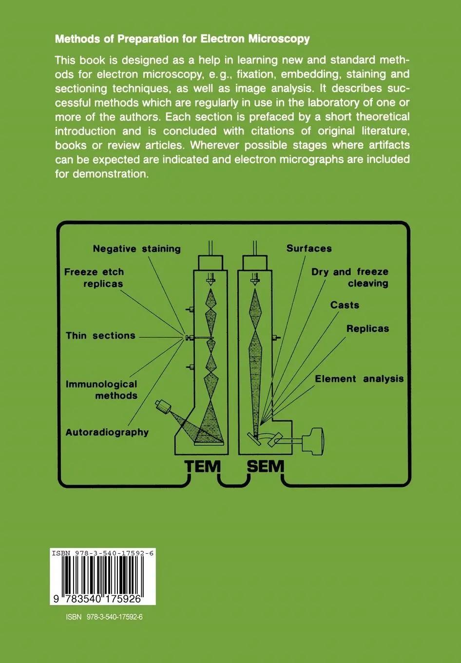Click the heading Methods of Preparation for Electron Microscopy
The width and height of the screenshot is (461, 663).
(x=182, y=39)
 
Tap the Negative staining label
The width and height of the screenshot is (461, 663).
(x=136, y=249)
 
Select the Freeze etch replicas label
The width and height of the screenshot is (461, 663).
(x=94, y=278)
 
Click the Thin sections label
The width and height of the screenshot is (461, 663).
(x=100, y=335)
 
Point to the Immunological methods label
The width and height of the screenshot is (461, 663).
(x=101, y=390)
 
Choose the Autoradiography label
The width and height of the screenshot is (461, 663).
(x=107, y=432)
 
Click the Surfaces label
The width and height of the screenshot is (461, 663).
(x=309, y=248)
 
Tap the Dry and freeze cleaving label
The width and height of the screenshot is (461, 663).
(x=350, y=277)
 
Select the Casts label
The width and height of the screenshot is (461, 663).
(x=345, y=305)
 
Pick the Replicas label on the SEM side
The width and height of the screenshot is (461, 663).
(x=367, y=329)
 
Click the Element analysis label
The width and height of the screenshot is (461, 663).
(x=359, y=379)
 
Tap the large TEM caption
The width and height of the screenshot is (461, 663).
(x=203, y=467)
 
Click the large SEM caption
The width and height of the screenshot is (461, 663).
(x=265, y=467)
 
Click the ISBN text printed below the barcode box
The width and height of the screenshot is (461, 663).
(x=104, y=617)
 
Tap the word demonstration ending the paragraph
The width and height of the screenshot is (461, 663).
(x=110, y=174)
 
